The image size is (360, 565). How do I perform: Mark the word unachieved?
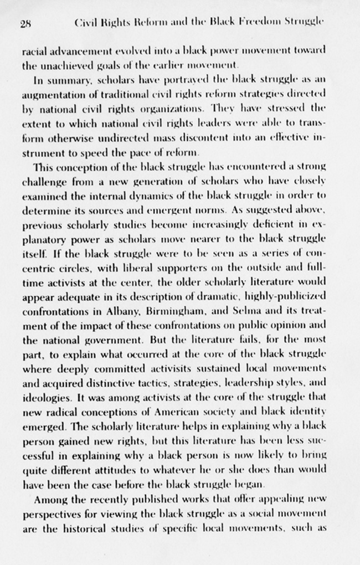[73, 64]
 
